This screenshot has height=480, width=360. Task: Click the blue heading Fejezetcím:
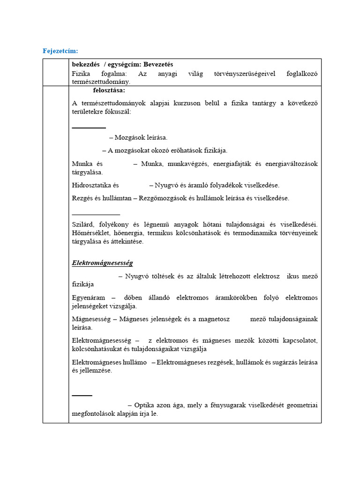tap(60, 51)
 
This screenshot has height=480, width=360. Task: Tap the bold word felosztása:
tap(109, 90)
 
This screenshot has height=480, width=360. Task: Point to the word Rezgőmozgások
tap(160, 198)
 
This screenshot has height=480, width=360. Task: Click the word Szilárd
tap(82, 225)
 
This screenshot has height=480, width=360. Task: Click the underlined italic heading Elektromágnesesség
tap(102, 263)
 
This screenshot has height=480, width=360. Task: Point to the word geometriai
tap(302, 405)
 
